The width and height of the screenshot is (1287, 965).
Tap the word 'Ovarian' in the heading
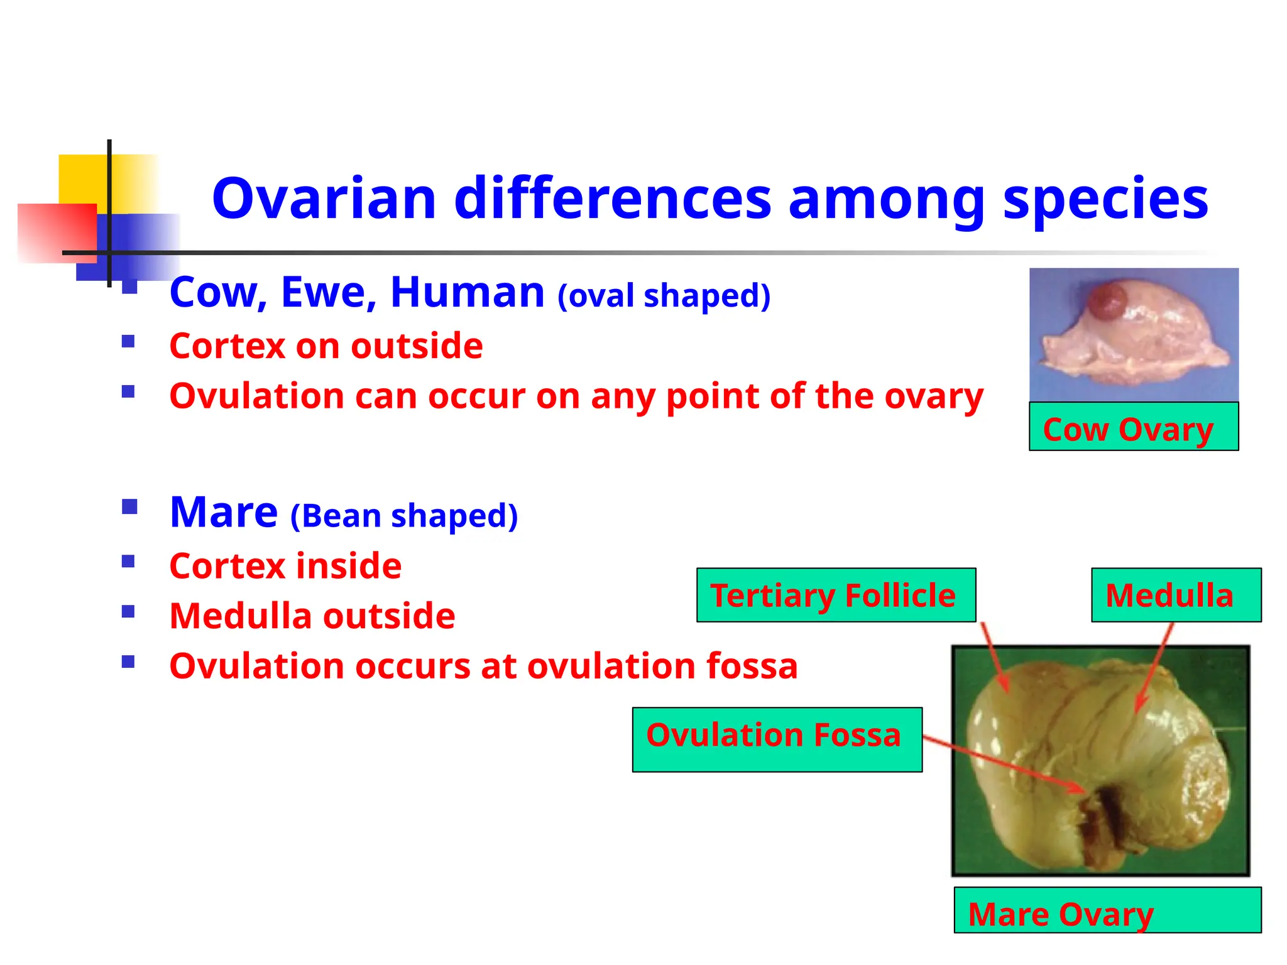[x=324, y=199]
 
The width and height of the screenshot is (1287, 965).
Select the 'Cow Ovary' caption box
[x=1133, y=427]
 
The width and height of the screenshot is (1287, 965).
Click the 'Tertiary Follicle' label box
[x=835, y=595]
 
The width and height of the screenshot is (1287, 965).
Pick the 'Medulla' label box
[x=1175, y=595]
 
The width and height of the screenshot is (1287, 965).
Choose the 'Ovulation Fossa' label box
[x=777, y=739]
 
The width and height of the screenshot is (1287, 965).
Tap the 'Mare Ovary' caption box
[x=1107, y=910]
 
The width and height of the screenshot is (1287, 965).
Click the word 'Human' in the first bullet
[x=467, y=292]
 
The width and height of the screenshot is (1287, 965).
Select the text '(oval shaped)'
[x=664, y=295]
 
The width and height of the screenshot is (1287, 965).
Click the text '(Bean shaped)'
[x=404, y=516]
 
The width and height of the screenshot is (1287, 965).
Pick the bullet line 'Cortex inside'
[x=285, y=565]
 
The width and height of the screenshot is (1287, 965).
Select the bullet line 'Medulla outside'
[x=312, y=616]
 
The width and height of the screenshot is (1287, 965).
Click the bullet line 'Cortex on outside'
[x=326, y=346]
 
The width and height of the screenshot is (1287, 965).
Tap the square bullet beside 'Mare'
[x=129, y=506]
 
